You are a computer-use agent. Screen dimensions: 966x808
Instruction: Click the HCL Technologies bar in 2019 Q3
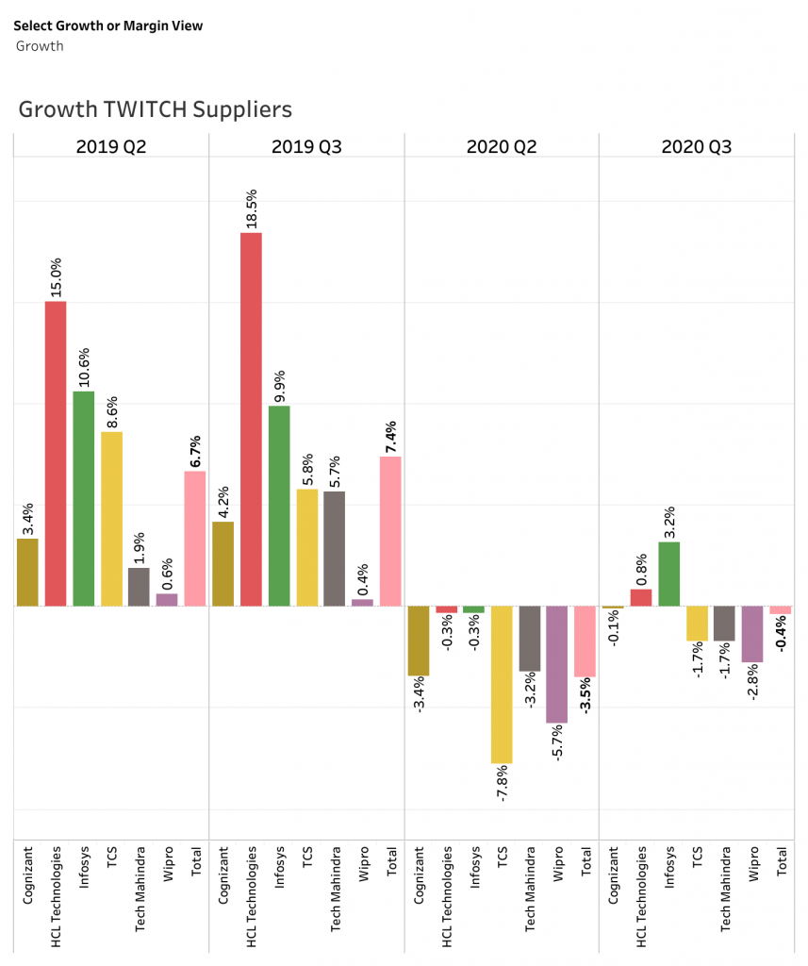pyautogui.click(x=251, y=419)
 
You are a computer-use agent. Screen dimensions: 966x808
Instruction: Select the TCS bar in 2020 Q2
pyautogui.click(x=502, y=684)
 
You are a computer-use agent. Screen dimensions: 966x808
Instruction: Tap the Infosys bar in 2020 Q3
pyautogui.click(x=668, y=574)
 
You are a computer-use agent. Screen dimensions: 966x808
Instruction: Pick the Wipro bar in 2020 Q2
pyautogui.click(x=557, y=664)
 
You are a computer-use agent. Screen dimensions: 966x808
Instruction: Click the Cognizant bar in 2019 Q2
pyautogui.click(x=27, y=572)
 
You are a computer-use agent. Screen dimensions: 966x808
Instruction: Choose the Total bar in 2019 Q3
pyautogui.click(x=390, y=531)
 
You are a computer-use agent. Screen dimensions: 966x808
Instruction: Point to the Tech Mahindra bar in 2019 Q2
pyautogui.click(x=139, y=586)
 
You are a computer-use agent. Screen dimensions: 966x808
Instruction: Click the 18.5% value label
pyautogui.click(x=252, y=208)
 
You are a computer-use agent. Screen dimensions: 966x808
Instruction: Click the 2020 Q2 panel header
pyautogui.click(x=502, y=146)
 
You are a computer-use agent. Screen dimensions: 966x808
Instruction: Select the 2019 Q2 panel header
pyautogui.click(x=111, y=146)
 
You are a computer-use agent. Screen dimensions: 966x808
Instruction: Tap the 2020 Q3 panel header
pyautogui.click(x=697, y=146)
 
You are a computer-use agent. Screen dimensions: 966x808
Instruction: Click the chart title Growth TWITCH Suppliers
pyautogui.click(x=156, y=109)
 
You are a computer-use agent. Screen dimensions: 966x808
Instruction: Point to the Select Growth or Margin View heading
pyautogui.click(x=107, y=25)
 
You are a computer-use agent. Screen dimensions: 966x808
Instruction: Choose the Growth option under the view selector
pyautogui.click(x=40, y=45)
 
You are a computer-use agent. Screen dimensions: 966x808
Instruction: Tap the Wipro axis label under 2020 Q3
pyautogui.click(x=752, y=862)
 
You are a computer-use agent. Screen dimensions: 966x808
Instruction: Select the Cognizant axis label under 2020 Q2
pyautogui.click(x=419, y=875)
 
